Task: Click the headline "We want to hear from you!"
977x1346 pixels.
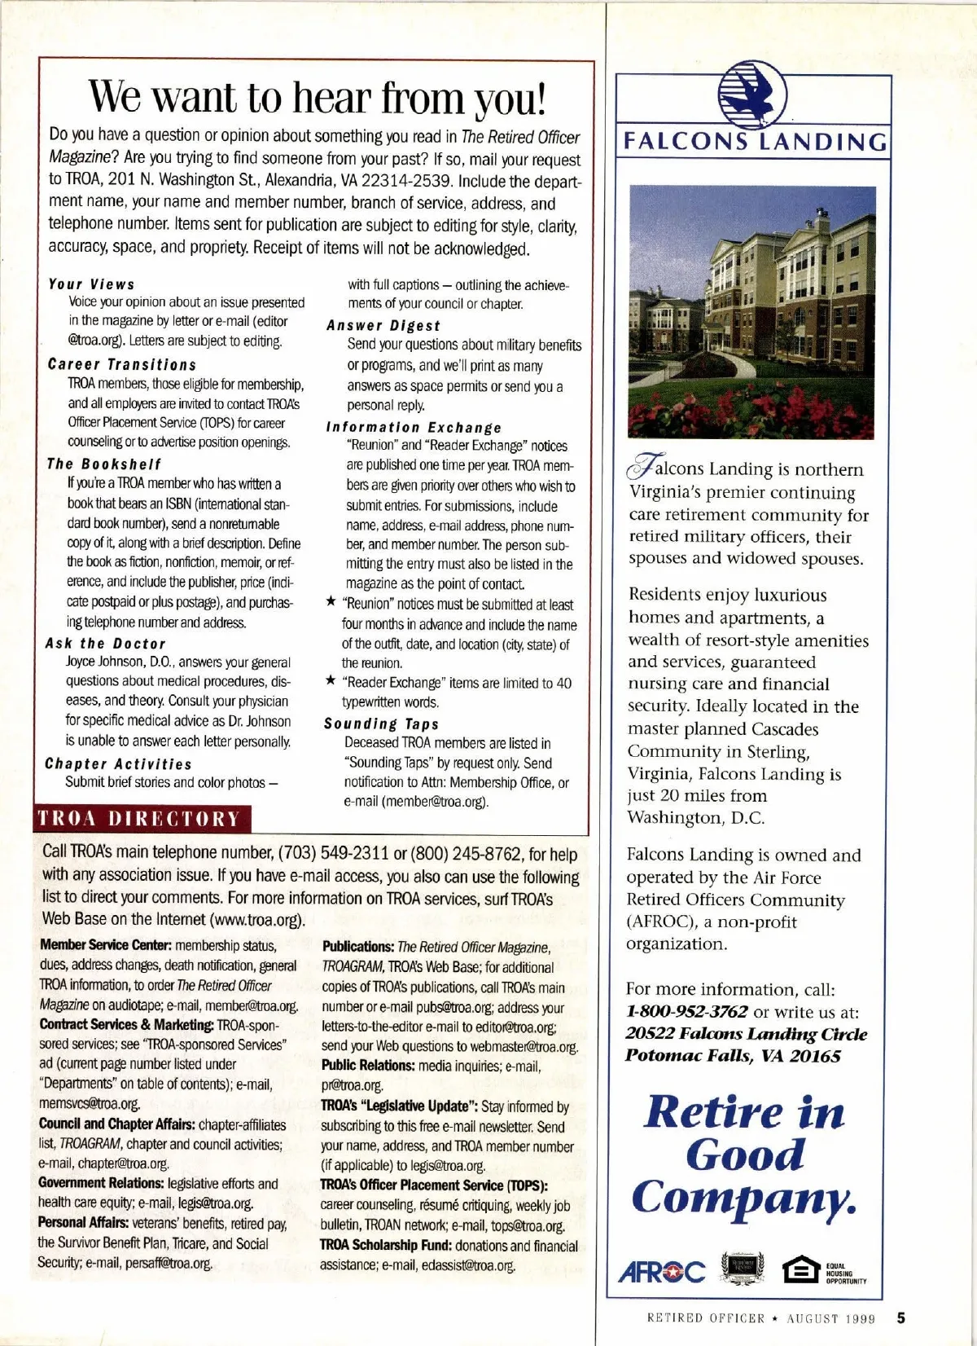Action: pyautogui.click(x=317, y=97)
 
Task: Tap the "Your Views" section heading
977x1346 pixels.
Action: pyautogui.click(x=91, y=284)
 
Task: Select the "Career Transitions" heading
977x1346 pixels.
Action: pyautogui.click(x=122, y=364)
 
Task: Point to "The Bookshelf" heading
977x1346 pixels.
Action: pyautogui.click(x=104, y=464)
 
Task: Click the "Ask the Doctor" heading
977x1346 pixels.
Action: pyautogui.click(x=106, y=644)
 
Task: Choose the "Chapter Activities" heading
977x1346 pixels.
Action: pyautogui.click(x=118, y=763)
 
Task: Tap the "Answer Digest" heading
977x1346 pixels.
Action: pyautogui.click(x=383, y=325)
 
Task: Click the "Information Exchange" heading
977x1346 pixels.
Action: pyautogui.click(x=414, y=427)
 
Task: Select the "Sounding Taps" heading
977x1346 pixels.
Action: pyautogui.click(x=381, y=724)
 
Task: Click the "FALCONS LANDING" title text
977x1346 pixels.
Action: pyautogui.click(x=755, y=143)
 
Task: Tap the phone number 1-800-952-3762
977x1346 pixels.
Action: pyautogui.click(x=687, y=1012)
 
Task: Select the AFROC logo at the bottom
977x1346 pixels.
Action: pyautogui.click(x=662, y=1271)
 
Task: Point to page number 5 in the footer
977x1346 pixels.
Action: pyautogui.click(x=901, y=1317)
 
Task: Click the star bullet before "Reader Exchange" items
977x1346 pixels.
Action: pyautogui.click(x=330, y=681)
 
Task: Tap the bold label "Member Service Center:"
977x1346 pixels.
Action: pyautogui.click(x=105, y=946)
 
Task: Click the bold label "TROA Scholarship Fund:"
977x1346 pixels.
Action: pyautogui.click(x=385, y=1246)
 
